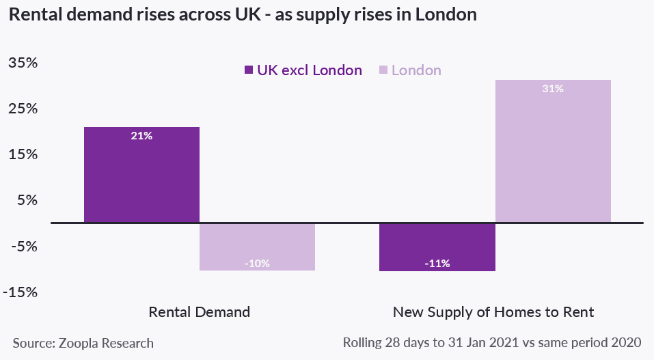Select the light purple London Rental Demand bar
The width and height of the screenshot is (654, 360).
[257, 247]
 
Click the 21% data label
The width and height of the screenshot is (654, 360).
[141, 136]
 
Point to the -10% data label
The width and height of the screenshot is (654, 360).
[257, 263]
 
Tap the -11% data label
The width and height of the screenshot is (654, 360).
[437, 264]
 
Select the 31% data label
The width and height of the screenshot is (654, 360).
[552, 89]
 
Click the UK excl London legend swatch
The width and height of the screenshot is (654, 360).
[248, 70]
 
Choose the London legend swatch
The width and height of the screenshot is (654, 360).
[383, 70]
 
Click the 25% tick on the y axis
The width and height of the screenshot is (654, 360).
[22, 109]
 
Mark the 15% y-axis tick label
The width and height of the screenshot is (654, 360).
[22, 155]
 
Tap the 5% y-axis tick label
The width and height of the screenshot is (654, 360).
[25, 201]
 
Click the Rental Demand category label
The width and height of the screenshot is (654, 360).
[200, 312]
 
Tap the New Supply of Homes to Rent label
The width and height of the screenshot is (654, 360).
[493, 312]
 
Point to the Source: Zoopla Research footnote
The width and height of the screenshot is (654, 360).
[83, 343]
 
